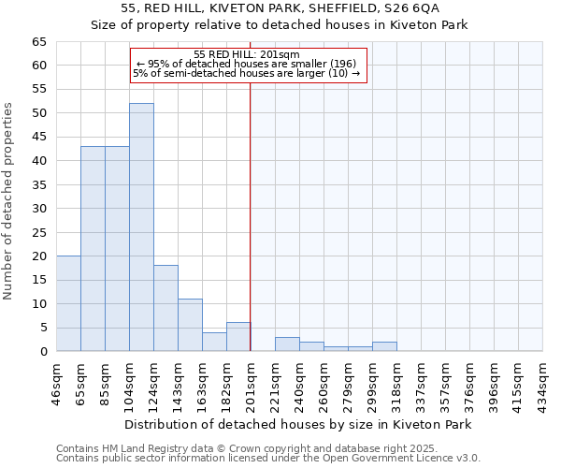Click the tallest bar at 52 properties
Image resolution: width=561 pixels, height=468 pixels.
pos(141,227)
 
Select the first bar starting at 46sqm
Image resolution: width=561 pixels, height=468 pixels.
pos(68,303)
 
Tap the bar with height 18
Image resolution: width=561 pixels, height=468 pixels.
pos(165,308)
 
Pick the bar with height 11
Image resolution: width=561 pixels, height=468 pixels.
pos(190,325)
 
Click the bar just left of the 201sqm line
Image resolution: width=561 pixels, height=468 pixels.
pos(238,337)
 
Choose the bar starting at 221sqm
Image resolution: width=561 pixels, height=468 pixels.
pos(287,344)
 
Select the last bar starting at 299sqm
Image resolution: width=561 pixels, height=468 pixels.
pos(384,346)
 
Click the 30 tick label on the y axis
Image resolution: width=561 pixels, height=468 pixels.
pos(38,209)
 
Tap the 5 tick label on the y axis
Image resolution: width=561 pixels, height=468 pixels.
pos(42,328)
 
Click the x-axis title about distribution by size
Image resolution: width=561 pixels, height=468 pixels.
pos(297,424)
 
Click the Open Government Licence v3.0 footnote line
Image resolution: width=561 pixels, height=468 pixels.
pos(268,459)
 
